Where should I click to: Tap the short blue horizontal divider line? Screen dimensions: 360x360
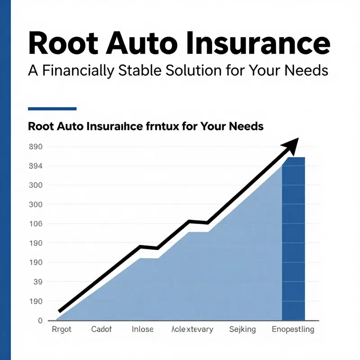[52, 108]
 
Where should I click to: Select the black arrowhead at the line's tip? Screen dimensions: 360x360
[290, 145]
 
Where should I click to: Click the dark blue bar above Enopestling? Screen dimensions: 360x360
[293, 238]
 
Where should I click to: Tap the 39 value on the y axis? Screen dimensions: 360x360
[37, 282]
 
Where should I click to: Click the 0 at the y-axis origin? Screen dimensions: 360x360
[40, 321]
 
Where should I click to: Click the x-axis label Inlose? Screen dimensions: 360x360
[143, 330]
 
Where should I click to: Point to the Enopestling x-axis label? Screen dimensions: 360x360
[293, 330]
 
